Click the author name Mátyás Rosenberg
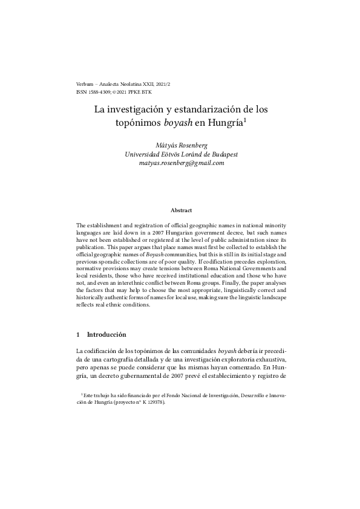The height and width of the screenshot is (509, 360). click(x=181, y=145)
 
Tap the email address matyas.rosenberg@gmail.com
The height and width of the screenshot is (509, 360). click(x=181, y=163)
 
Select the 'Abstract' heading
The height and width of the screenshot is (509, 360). click(x=181, y=210)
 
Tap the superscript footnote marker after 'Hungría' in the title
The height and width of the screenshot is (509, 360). click(x=244, y=120)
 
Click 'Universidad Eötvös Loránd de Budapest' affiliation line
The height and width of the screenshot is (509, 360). click(x=181, y=154)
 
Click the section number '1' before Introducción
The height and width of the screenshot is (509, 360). click(x=79, y=334)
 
